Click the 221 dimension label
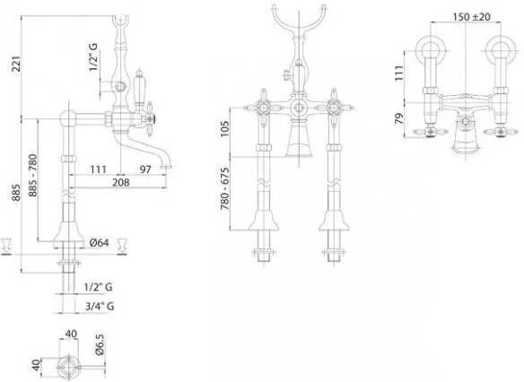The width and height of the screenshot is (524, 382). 17,64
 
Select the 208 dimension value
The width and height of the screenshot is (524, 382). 120,182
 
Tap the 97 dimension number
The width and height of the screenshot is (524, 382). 145,169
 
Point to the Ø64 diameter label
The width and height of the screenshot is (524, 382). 100,243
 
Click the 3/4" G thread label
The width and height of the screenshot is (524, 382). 100,306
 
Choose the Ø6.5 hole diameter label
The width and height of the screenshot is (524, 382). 100,344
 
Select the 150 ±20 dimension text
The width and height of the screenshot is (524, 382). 471,17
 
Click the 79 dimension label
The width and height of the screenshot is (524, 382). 399,119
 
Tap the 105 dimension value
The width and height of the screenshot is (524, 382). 225,128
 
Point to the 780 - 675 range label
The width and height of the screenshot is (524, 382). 225,188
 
